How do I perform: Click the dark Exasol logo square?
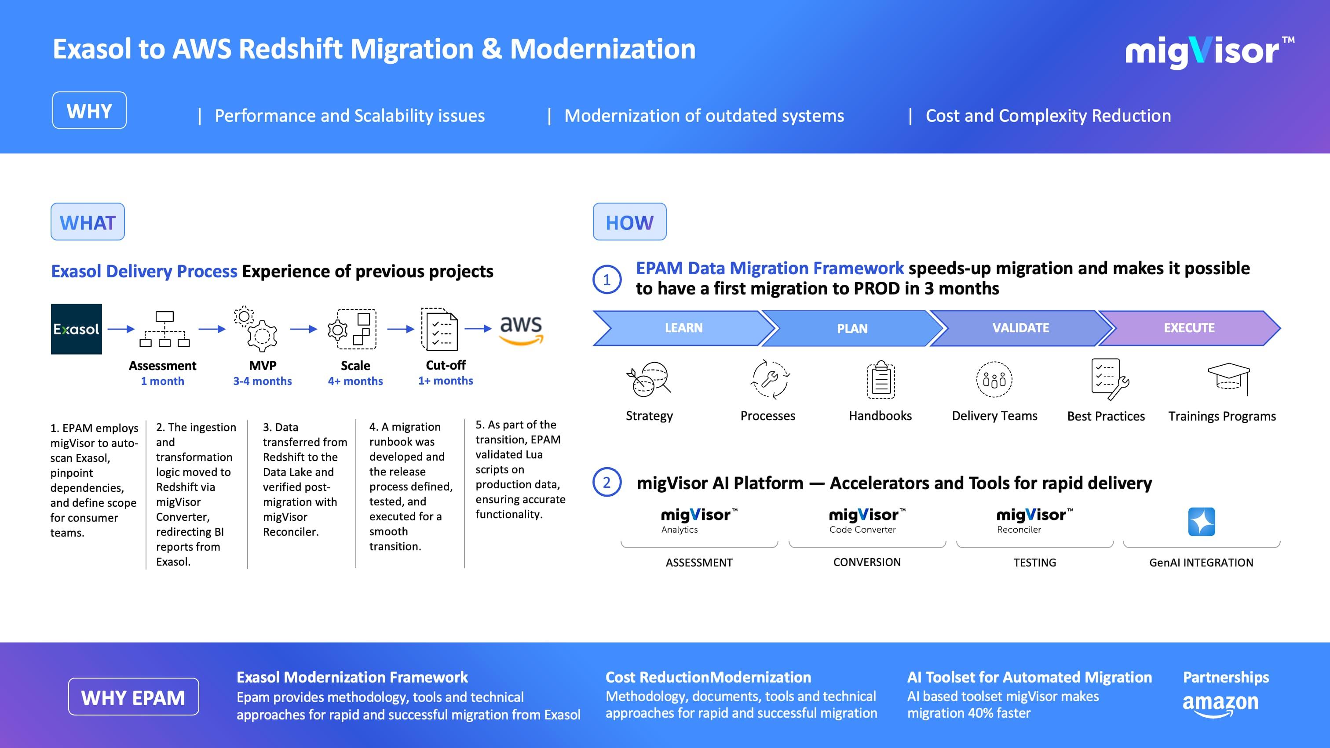point(77,329)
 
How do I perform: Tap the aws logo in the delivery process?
point(521,329)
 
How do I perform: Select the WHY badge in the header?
point(89,110)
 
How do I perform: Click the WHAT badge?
point(88,222)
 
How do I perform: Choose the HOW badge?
point(629,222)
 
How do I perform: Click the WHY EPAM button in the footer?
point(133,697)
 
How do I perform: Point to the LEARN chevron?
point(683,328)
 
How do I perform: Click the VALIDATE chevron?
point(1020,328)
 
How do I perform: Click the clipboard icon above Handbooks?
point(881,380)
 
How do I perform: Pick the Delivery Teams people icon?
point(994,380)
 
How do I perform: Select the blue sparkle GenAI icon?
point(1202,522)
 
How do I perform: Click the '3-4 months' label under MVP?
point(262,381)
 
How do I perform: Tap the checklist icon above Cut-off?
point(439,329)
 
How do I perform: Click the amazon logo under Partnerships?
point(1220,704)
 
